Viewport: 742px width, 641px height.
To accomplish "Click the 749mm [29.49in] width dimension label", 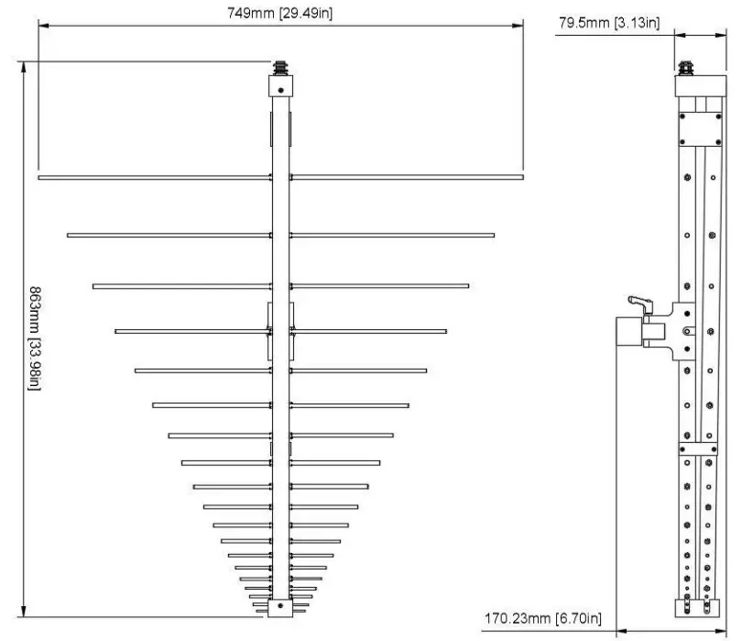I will click(x=280, y=13).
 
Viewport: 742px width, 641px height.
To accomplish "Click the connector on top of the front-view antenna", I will click(x=281, y=68).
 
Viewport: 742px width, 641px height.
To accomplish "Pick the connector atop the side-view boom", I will click(x=684, y=67).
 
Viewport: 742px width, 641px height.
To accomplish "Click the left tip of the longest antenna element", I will click(x=40, y=177).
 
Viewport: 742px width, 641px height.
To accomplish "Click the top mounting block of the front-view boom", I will click(x=281, y=85).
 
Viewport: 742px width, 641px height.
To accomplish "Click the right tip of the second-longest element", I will click(x=493, y=236).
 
